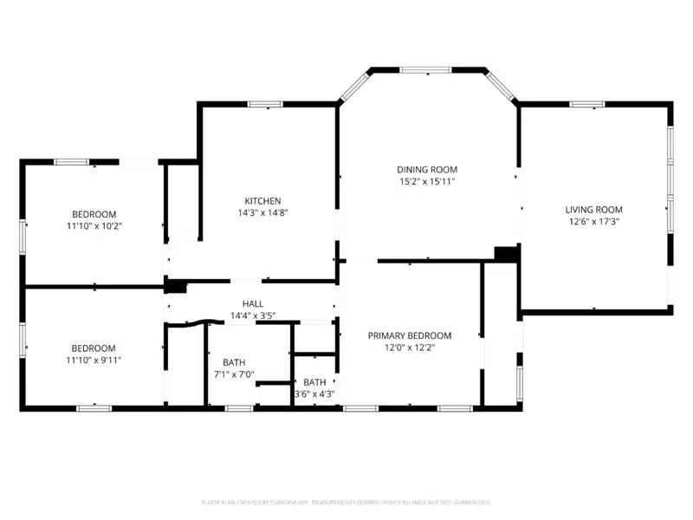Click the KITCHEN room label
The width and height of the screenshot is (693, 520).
pos(262,201)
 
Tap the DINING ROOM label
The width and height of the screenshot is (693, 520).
pos(427,170)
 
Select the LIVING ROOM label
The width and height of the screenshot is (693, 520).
pos(593,210)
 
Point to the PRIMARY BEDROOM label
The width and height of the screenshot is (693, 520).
pos(410,335)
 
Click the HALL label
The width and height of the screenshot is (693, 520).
pos(253,303)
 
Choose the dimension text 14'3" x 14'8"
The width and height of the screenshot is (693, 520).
pos(262,212)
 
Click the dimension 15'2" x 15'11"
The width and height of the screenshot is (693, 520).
pos(427,182)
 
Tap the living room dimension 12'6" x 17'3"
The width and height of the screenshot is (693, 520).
pos(593,221)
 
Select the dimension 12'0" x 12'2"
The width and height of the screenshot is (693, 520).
pos(410,347)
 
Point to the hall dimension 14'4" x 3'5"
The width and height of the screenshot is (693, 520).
pos(253,315)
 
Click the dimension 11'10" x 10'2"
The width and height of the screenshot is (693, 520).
pos(94,225)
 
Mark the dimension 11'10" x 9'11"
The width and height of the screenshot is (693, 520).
pos(94,359)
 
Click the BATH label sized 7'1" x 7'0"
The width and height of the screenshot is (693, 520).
pos(234,362)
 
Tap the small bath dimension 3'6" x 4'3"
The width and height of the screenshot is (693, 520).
pos(314,393)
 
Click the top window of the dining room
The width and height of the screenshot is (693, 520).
pos(424,69)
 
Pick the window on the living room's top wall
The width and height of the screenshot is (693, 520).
pos(586,105)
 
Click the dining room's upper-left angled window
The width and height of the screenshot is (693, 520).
pos(354,86)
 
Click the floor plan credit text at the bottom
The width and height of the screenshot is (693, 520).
pos(346,502)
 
